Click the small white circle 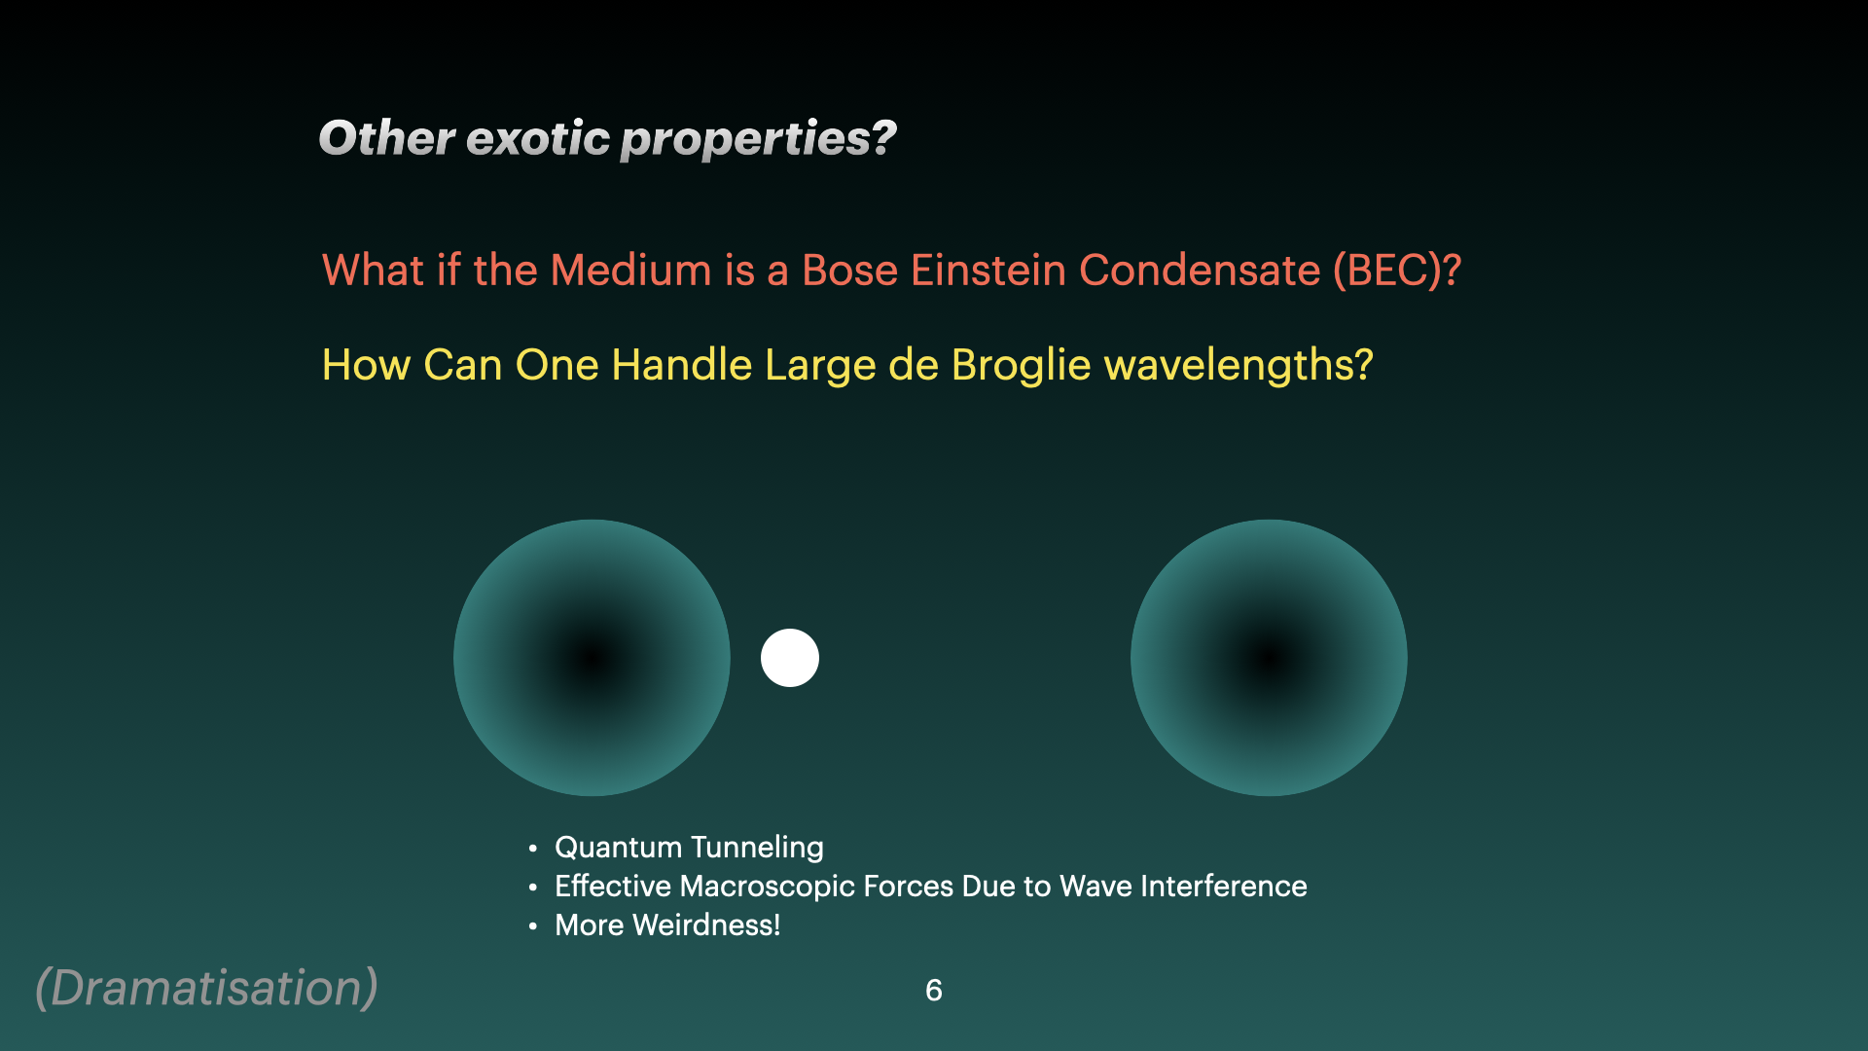790,658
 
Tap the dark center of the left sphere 592,658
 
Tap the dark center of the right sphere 1269,658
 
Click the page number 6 934,991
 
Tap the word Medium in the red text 631,271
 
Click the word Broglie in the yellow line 1022,365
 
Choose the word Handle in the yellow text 682,365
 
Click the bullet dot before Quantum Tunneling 533,849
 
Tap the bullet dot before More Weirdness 533,926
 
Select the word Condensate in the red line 1200,271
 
